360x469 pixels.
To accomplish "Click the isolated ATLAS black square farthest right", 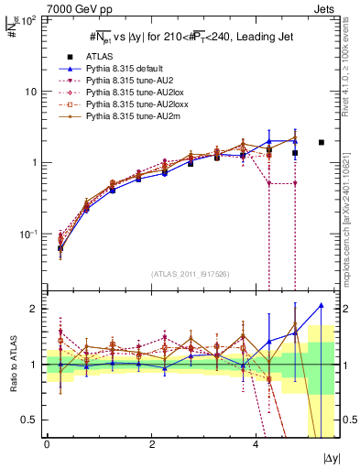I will pyautogui.click(x=321, y=142).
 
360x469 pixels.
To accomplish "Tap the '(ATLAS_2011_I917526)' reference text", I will pyautogui.click(x=191, y=274).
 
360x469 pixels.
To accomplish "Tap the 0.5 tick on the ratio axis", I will pyautogui.click(x=32, y=420).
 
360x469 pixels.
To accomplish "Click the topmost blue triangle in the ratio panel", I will pyautogui.click(x=321, y=305).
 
